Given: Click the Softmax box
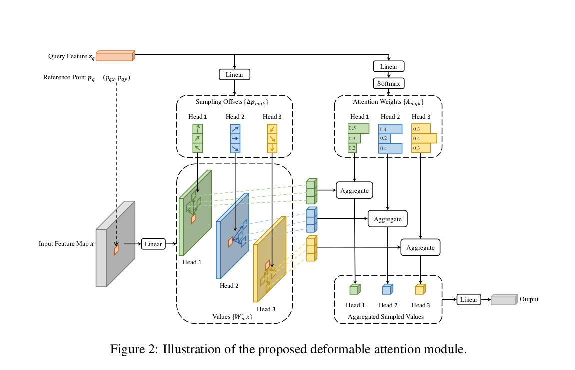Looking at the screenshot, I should tap(388, 83).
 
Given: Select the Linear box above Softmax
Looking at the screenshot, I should tap(388, 66).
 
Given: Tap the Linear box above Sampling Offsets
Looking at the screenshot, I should tap(234, 75).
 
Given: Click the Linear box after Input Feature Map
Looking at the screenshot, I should tap(153, 244).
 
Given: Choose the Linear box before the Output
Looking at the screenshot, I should tap(469, 299).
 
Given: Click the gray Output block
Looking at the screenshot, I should tap(504, 300).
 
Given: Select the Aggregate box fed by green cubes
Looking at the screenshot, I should tap(354, 191).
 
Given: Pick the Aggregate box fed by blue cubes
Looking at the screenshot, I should tap(387, 219).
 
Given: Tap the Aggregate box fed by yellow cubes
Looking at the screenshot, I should tap(420, 247).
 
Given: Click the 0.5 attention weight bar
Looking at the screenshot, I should tap(358, 128).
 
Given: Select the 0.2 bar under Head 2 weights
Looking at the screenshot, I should tap(385, 138).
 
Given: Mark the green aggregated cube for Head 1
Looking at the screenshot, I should tap(354, 289).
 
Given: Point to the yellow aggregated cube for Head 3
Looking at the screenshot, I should tap(420, 289).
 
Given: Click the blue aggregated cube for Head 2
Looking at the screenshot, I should tap(387, 289).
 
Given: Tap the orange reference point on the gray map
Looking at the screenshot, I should tap(116, 249).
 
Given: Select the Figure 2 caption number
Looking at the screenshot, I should tap(154, 349).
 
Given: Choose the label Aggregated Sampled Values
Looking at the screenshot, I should tap(386, 317).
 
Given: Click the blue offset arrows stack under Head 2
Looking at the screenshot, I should tap(234, 138).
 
